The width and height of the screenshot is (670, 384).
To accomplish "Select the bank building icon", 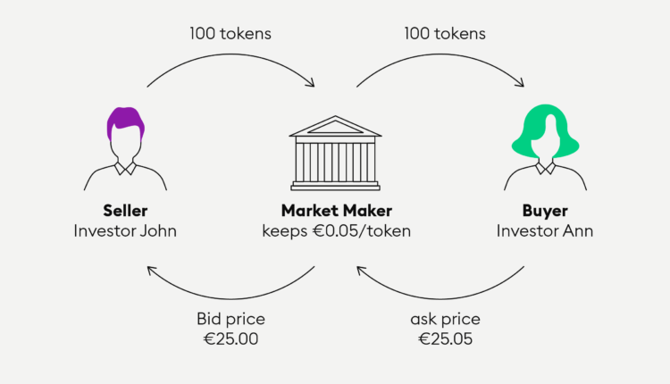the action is coord(335,153).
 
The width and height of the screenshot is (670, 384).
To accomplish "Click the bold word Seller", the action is coord(125,211).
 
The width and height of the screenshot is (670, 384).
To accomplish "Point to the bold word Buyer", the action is coord(545,211).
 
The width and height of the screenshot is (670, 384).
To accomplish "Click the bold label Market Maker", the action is coord(336,211).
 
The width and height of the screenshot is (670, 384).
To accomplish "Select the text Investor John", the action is coord(125,231).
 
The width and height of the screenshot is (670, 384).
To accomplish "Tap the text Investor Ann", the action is coord(545,231).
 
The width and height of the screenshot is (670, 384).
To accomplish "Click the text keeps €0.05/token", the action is coord(336,231).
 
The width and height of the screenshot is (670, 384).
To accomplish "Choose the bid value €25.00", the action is coord(230,339).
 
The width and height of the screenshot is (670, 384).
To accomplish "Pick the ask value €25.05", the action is coord(445,339).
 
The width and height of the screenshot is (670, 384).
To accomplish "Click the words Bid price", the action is coord(230,319).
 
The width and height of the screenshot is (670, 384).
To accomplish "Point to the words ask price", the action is coord(445,320).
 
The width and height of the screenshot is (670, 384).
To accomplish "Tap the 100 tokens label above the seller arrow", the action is coord(230,34).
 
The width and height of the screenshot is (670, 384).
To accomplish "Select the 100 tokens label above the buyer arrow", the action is coord(445,34).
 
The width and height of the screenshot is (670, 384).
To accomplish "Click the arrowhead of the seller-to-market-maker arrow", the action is coord(311,83).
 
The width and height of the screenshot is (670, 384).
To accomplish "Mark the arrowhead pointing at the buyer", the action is coord(521,83).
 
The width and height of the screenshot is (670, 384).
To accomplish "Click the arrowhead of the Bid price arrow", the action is coord(151,271).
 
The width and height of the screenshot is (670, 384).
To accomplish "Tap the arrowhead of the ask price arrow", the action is coord(361,271).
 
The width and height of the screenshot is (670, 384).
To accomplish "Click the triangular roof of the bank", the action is coord(335,127).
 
